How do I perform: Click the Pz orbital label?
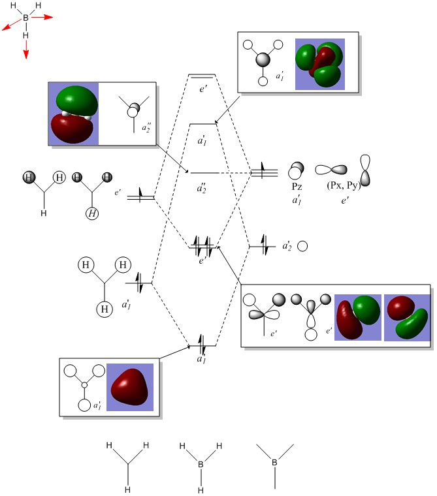[297, 186]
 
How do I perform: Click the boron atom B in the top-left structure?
[26, 18]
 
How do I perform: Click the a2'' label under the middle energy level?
[202, 187]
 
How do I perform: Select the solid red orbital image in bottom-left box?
[129, 386]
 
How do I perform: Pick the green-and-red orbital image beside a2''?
[73, 114]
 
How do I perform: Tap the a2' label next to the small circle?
[287, 246]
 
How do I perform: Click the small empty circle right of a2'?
[302, 246]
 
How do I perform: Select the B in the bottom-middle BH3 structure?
[201, 465]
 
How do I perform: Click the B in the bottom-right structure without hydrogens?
[274, 463]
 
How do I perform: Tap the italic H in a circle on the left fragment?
[93, 213]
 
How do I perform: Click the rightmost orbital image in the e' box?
[406, 317]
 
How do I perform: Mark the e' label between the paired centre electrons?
[202, 260]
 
